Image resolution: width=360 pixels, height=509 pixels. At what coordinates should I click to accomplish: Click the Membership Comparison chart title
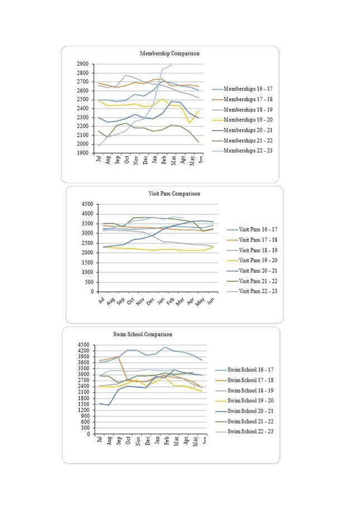(x=169, y=54)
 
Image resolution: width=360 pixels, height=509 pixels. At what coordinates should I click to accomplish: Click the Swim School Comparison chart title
(x=142, y=334)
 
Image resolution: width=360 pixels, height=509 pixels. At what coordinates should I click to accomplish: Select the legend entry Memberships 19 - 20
(x=247, y=119)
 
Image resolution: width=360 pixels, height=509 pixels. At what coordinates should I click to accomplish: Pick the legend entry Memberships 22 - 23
(x=247, y=151)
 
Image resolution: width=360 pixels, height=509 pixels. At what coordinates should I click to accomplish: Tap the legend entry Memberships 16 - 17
(x=247, y=89)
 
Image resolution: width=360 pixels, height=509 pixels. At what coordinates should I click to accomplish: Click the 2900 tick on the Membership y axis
(x=82, y=64)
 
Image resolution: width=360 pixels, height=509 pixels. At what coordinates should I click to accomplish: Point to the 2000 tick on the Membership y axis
(x=82, y=144)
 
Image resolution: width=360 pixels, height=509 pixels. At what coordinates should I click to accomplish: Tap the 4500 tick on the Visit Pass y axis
(x=88, y=204)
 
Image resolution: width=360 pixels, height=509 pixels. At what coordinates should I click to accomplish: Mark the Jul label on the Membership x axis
(x=99, y=159)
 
